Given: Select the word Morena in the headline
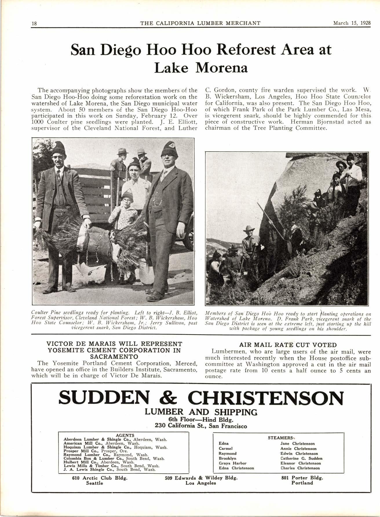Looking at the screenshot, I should tap(222, 68).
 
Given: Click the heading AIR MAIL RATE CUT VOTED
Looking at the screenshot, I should tap(288, 345).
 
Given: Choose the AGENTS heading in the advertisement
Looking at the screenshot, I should tap(125, 435).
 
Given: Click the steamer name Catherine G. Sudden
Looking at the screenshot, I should tap(301, 458).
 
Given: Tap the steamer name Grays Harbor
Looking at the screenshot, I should tap(229, 463).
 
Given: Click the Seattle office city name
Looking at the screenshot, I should tap(94, 483).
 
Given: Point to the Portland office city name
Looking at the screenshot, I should tap(302, 483).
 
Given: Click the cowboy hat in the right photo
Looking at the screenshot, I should tap(249, 229).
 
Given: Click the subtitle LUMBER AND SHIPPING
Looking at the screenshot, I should tap(201, 412).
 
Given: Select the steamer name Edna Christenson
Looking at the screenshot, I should tap(236, 468).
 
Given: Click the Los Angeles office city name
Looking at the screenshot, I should tap(201, 483).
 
